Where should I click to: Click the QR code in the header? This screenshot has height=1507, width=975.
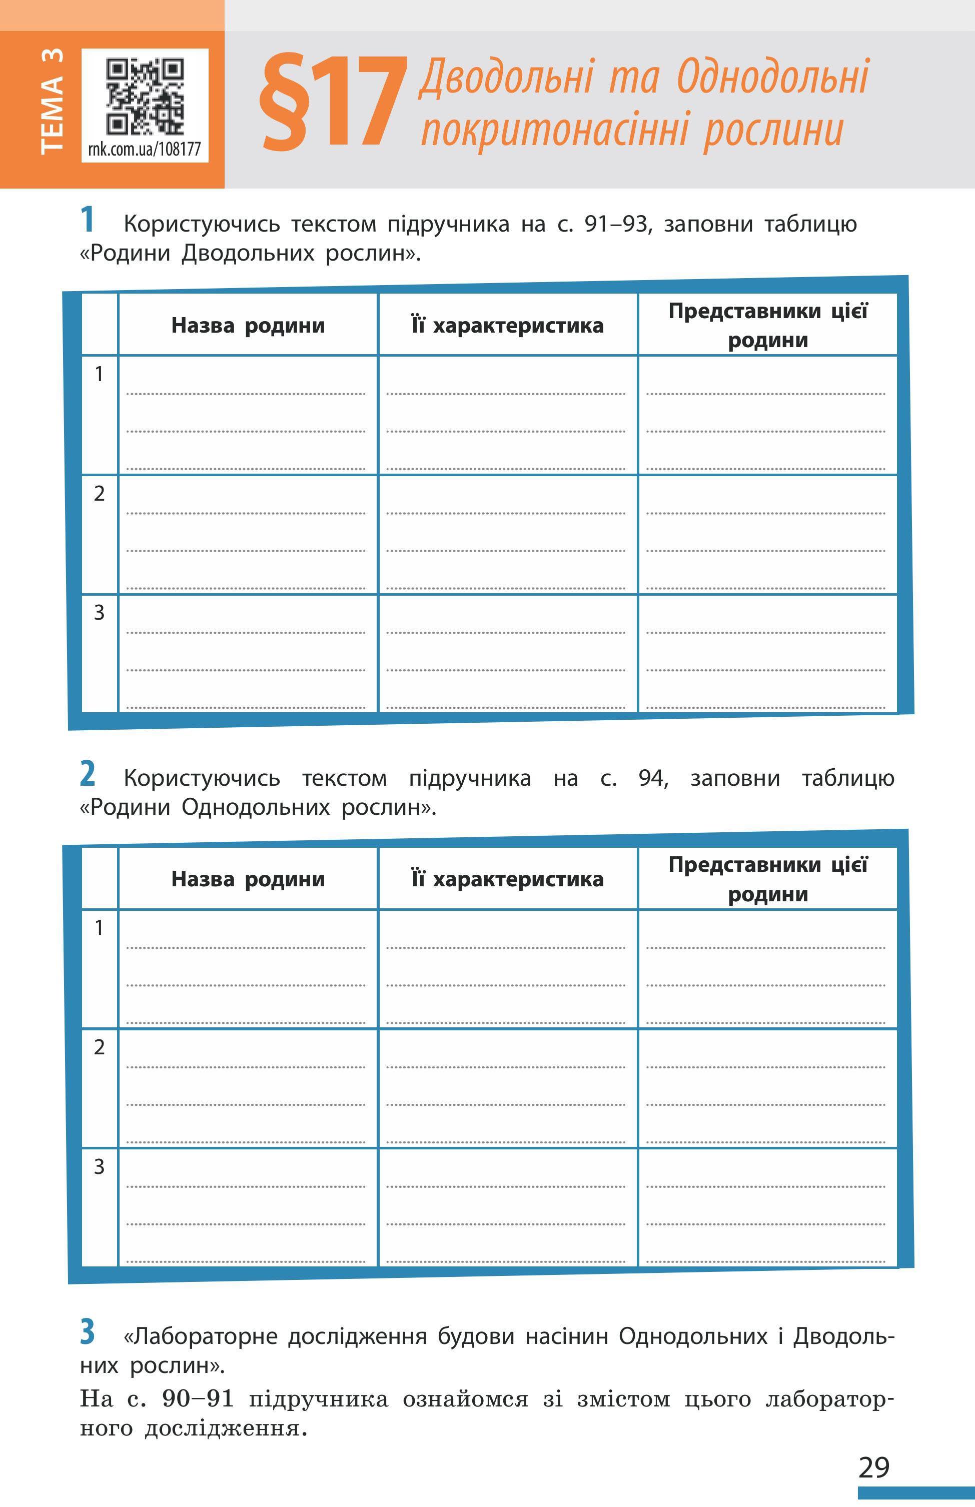coord(145,96)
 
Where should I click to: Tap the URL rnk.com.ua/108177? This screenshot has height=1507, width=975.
coord(145,150)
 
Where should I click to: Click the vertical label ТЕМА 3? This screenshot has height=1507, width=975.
coord(52,101)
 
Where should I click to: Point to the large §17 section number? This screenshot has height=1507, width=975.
coord(332,103)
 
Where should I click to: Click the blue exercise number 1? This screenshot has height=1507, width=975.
coord(88,220)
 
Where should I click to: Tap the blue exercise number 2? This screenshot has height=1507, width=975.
coord(88,774)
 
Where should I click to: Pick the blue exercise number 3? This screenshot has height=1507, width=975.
coord(88,1330)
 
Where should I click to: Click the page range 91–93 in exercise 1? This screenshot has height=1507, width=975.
coord(617,224)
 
